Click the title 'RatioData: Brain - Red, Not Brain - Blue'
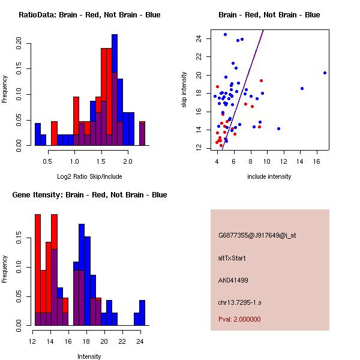pyautogui.click(x=89, y=15)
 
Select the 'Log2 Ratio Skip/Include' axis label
pyautogui.click(x=89, y=176)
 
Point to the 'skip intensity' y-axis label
pyautogui.click(x=185, y=90)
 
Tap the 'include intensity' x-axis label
pyautogui.click(x=269, y=176)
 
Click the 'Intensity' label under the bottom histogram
pyautogui.click(x=89, y=356)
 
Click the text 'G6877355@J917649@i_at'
pyautogui.click(x=257, y=235)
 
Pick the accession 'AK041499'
pyautogui.click(x=233, y=280)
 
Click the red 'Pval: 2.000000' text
pyautogui.click(x=239, y=319)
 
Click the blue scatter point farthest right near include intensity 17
pyautogui.click(x=325, y=73)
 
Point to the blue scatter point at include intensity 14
pyautogui.click(x=302, y=88)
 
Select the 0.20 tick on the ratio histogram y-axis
pyautogui.click(x=20, y=43)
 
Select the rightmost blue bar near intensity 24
pyautogui.click(x=142, y=312)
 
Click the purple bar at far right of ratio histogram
pyautogui.click(x=142, y=133)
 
